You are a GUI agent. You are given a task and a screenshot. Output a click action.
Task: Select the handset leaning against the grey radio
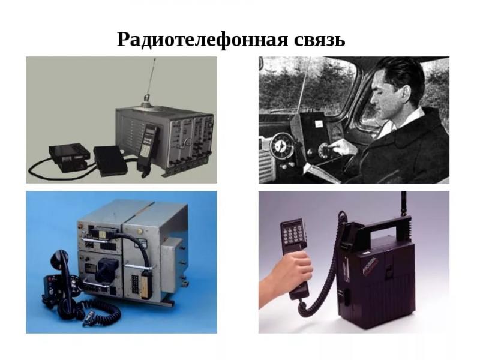(146, 147)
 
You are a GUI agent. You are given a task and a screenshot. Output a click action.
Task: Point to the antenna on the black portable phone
(403, 204)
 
